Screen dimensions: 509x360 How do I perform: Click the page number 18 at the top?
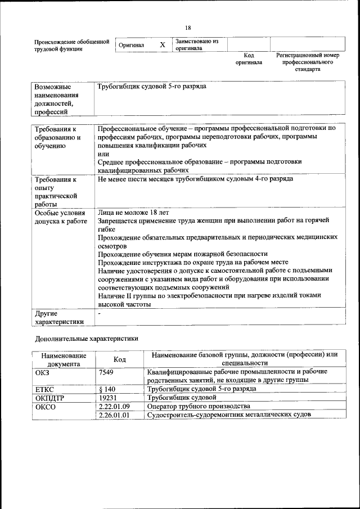coord(188,28)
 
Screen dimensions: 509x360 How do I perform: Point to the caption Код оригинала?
coord(249,59)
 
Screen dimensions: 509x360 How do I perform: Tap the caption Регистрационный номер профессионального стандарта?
coord(308,62)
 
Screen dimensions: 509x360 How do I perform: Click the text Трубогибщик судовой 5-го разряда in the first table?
coord(152,87)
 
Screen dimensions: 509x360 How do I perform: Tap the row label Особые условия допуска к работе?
coord(61,217)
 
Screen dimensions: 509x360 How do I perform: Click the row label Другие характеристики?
coord(59,318)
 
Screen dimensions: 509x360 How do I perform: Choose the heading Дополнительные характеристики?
coord(87,340)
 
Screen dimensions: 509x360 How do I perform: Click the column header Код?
coord(119,359)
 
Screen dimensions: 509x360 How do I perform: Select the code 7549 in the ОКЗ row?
coord(106,372)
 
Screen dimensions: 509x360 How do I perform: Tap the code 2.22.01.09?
coord(114,406)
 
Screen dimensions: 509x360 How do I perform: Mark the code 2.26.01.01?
coord(114,415)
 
